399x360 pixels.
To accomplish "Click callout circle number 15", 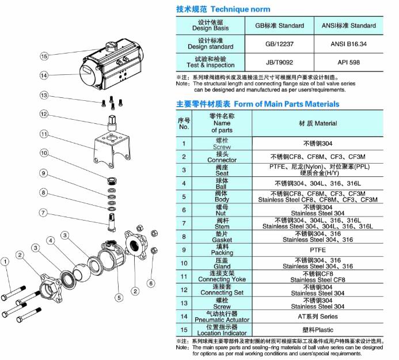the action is coord(44,56).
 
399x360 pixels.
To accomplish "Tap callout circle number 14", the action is coord(44,75).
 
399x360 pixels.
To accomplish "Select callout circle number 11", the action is coord(44,134).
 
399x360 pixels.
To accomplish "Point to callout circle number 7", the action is coord(43,213).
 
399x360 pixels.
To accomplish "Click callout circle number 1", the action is coord(5,262).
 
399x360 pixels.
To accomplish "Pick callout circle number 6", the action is coord(151,283).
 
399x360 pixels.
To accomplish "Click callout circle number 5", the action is coord(119,297).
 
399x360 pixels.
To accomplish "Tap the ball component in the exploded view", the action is coord(82,273).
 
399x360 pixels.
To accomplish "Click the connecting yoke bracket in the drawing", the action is coord(112,150).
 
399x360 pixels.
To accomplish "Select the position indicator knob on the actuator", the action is coord(111,46).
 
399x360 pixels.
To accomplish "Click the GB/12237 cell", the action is coord(279,44).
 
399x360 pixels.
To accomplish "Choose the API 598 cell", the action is coord(348,62).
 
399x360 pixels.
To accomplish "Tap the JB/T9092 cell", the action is coord(279,62).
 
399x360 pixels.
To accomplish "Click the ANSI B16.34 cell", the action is coord(348,44).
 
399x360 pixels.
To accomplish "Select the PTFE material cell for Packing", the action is coord(318,250).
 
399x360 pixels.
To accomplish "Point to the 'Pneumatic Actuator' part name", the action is coord(222,320).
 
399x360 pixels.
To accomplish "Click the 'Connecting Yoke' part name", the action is coord(222,279).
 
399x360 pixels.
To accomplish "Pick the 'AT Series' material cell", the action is coord(318,316).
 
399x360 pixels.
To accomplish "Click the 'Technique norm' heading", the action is coord(241,9).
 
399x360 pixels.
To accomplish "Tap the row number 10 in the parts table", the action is coord(184,263).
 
